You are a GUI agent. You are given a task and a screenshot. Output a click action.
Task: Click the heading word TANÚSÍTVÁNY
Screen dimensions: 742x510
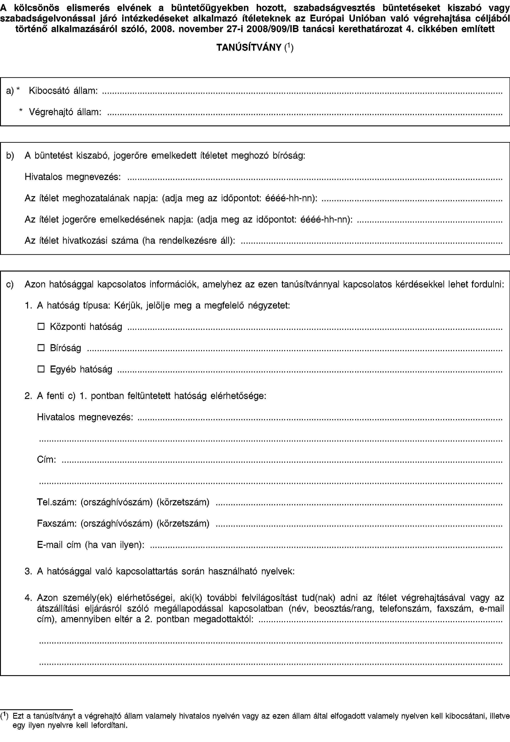point(249,48)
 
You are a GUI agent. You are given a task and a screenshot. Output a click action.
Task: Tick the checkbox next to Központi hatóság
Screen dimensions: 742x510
point(41,326)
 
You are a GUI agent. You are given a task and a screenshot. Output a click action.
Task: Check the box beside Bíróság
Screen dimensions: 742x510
point(41,348)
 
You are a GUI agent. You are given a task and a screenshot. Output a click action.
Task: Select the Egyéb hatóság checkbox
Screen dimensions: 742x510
point(41,369)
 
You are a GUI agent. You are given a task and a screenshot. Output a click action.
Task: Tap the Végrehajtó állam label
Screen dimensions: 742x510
point(65,112)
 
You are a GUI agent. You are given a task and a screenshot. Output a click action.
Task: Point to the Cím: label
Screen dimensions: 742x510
point(47,460)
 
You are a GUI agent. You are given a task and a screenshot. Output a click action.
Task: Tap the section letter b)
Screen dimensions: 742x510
point(10,156)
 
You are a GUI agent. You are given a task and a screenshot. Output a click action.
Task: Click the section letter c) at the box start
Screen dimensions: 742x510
point(10,284)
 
